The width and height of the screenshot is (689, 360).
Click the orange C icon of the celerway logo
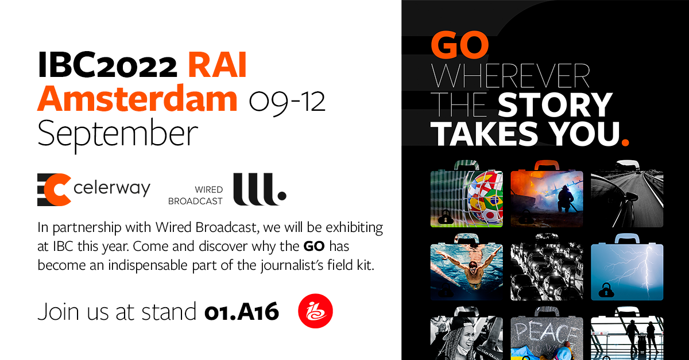click(53, 188)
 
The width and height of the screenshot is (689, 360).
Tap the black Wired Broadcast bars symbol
click(258, 188)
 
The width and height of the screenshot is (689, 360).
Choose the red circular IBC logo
click(315, 312)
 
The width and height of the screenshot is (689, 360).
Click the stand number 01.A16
click(242, 312)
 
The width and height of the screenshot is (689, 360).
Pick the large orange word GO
click(460, 45)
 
